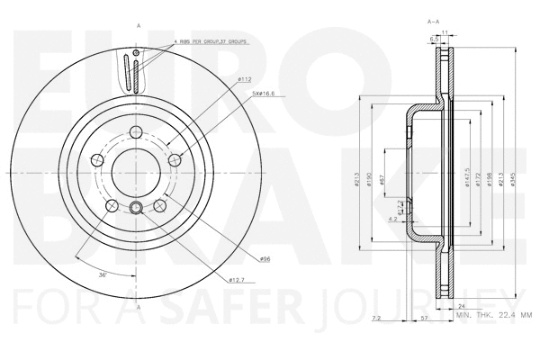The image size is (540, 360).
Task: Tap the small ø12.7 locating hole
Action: (x=136, y=210)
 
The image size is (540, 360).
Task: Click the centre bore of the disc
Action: (x=136, y=171)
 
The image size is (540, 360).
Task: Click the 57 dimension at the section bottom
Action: (x=424, y=319)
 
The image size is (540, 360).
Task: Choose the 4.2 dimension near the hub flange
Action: (x=391, y=218)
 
